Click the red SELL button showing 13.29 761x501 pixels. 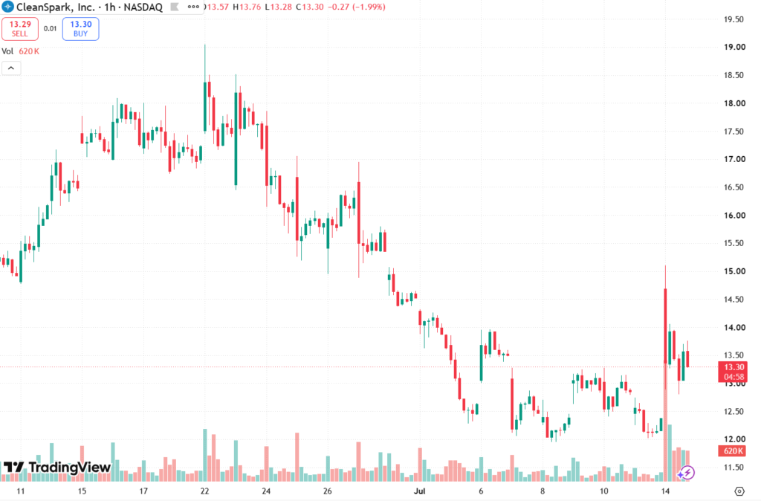[x=20, y=29]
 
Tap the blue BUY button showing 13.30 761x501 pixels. [x=80, y=29]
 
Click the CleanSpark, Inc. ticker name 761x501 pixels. [x=55, y=7]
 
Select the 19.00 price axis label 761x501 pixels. [x=734, y=47]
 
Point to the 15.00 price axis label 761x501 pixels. [x=734, y=271]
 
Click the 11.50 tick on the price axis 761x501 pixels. [x=734, y=468]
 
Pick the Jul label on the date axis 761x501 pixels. [x=419, y=491]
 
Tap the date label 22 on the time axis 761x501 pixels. [x=205, y=491]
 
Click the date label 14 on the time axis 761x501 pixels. [x=665, y=491]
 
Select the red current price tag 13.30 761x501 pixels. [x=734, y=372]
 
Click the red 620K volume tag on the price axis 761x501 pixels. [x=732, y=451]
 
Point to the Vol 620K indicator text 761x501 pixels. [x=20, y=51]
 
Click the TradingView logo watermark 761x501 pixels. [x=57, y=467]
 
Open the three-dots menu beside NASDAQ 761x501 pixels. [x=193, y=7]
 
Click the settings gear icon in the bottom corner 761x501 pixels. [x=739, y=491]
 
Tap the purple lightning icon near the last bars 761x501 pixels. [x=686, y=472]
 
